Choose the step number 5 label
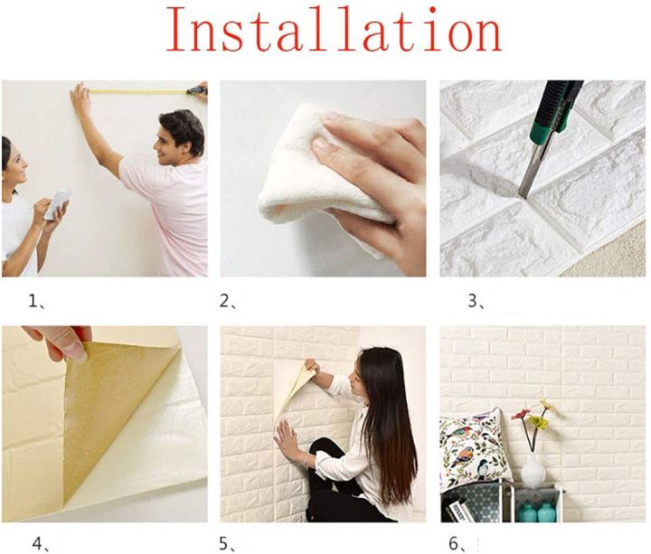pyautogui.click(x=228, y=543)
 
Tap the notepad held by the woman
pyautogui.click(x=57, y=205)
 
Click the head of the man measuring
pyautogui.click(x=181, y=134)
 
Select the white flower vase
pyautogui.click(x=533, y=469)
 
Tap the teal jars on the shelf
pyautogui.click(x=537, y=512)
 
